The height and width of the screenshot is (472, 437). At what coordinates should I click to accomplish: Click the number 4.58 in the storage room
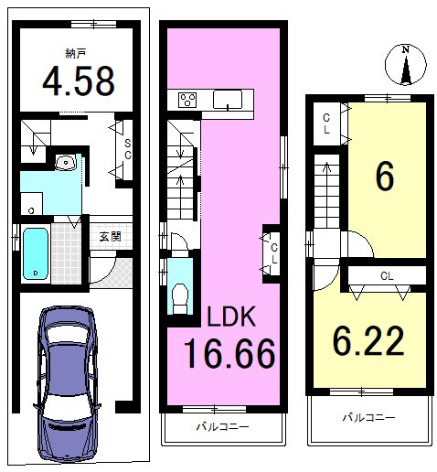[79, 81]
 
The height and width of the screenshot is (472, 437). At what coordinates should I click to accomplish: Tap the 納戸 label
[75, 54]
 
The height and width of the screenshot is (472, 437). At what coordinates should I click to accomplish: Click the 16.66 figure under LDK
[229, 353]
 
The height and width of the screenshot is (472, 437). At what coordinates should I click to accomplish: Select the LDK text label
[231, 316]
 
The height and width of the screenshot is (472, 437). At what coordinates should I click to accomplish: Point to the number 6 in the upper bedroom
[385, 176]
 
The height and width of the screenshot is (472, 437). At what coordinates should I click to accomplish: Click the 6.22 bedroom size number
[368, 340]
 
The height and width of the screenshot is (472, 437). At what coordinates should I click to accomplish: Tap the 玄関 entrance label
[111, 236]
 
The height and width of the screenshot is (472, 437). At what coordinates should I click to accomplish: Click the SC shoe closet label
[128, 149]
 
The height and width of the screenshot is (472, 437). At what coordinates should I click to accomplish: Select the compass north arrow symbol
[405, 65]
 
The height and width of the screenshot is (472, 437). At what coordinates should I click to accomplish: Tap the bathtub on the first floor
[36, 253]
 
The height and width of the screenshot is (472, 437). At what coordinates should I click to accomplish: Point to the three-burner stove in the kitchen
[187, 100]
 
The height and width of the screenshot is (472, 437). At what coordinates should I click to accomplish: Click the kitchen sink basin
[228, 100]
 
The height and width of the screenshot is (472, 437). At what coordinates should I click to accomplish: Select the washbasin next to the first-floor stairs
[66, 162]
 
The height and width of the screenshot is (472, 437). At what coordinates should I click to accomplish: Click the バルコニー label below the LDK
[222, 426]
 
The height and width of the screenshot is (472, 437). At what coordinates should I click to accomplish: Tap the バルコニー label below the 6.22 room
[368, 417]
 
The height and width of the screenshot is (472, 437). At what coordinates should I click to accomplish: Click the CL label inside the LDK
[274, 253]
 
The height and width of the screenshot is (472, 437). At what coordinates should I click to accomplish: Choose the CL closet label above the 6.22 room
[387, 276]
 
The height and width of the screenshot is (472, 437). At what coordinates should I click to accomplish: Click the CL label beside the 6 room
[326, 123]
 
